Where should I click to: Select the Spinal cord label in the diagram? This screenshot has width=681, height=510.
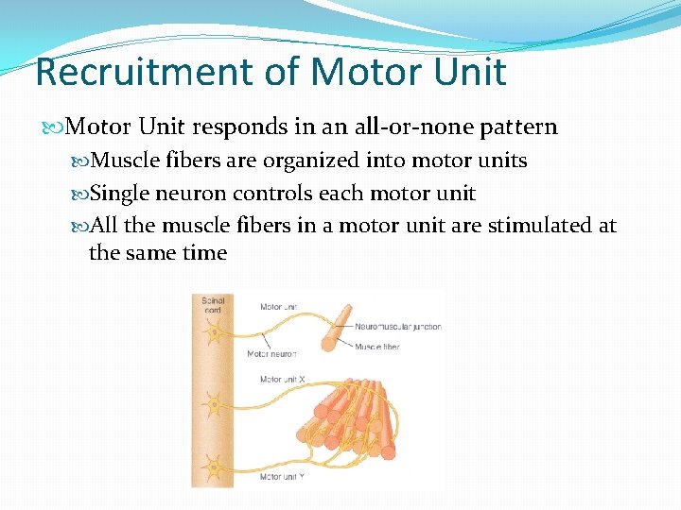click(213, 306)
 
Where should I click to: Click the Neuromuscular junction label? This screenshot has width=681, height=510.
click(397, 327)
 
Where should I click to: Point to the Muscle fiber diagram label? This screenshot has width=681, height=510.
click(376, 347)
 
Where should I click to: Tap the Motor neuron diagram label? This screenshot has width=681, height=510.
click(271, 354)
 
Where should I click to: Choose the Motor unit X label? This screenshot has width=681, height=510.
click(282, 380)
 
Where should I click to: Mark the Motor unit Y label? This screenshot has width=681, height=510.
click(282, 476)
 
